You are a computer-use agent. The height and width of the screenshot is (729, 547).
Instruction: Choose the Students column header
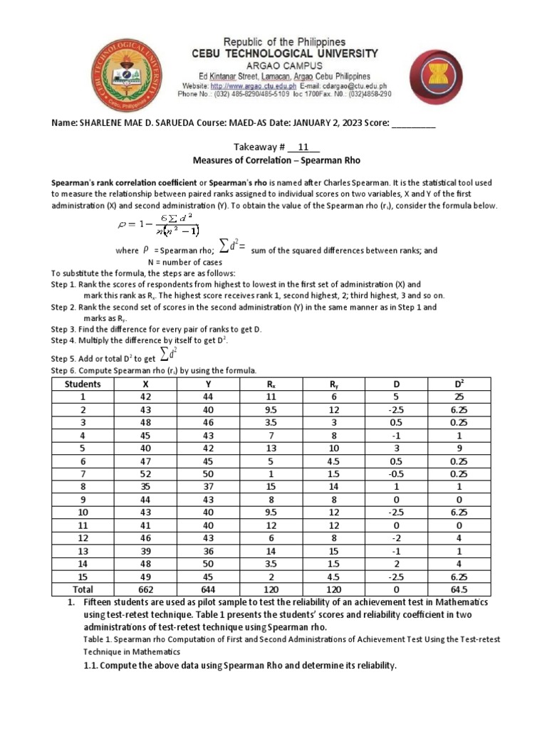(82, 384)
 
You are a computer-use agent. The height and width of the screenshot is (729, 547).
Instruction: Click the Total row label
(82, 589)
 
